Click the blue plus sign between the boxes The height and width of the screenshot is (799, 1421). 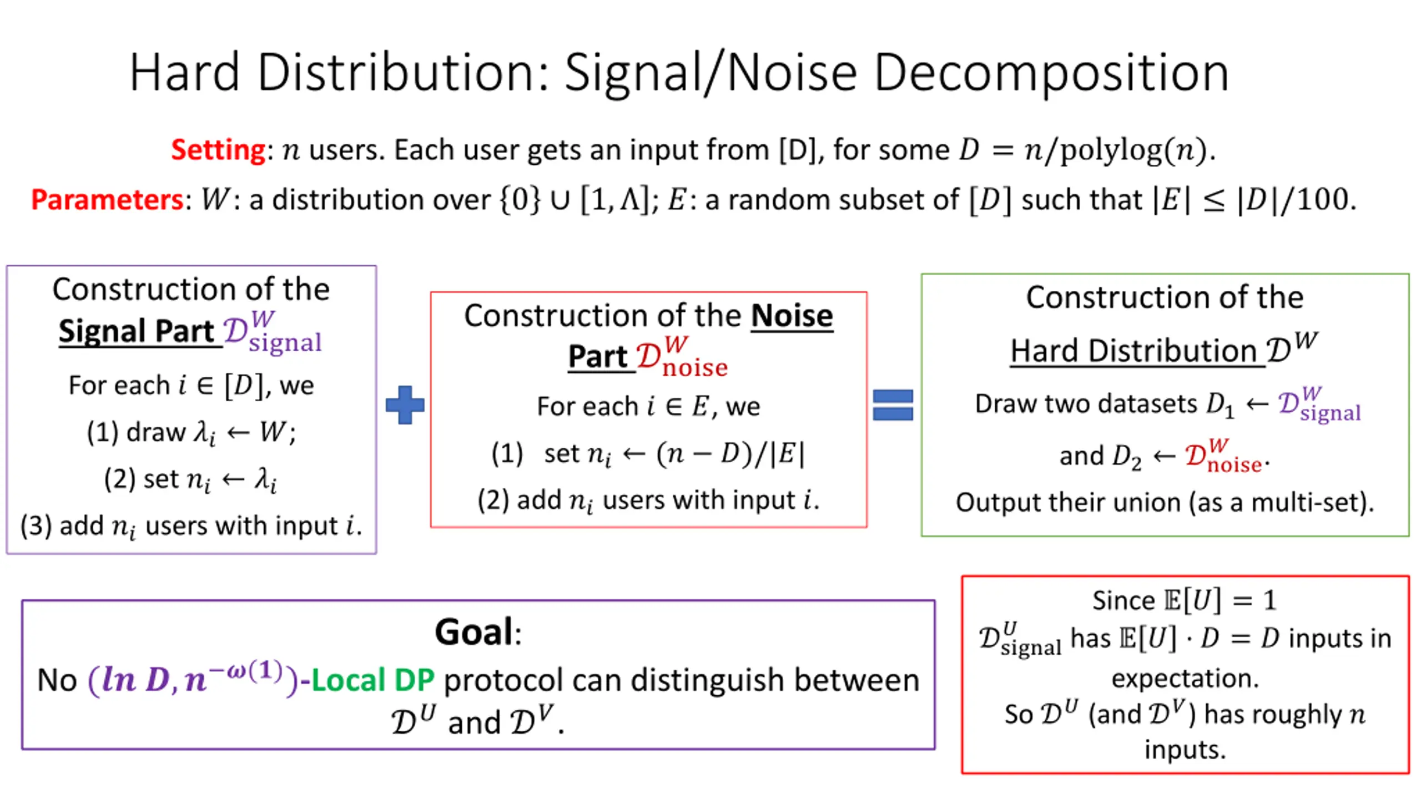point(405,405)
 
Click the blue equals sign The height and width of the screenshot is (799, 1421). point(893,405)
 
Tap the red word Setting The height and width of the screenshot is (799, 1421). point(218,150)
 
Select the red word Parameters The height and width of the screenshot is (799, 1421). point(107,200)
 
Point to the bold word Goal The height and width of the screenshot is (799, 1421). point(473,632)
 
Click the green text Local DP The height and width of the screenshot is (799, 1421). point(373,680)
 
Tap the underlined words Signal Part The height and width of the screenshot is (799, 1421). point(137,331)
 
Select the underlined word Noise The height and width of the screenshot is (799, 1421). point(792,316)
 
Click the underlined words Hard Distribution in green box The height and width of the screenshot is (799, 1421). point(1133,351)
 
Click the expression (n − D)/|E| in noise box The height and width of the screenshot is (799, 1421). point(730,454)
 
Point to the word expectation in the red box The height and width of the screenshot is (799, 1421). point(1185,678)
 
